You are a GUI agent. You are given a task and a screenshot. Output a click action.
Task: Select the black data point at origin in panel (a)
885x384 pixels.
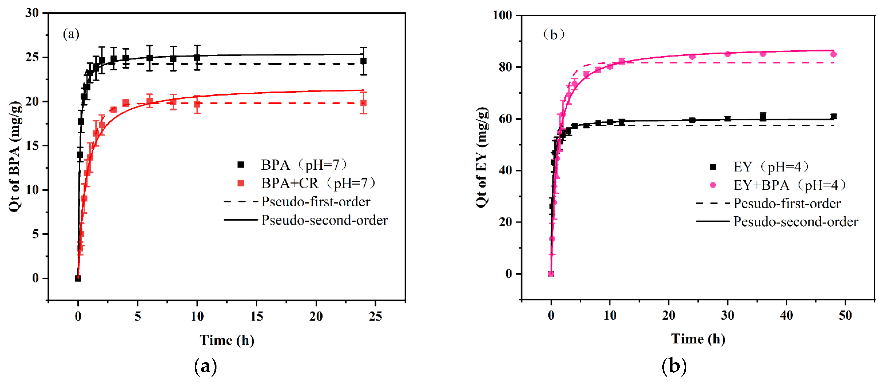coord(78,278)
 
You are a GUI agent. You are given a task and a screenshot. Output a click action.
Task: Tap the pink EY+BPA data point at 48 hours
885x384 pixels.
coord(833,54)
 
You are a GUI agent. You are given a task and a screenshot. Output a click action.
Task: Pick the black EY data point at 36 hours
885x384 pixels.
coord(763,117)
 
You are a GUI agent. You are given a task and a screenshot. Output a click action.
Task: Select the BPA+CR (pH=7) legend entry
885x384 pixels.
coord(318,184)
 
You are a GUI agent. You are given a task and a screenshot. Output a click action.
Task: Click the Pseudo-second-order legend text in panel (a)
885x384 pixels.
coord(324,220)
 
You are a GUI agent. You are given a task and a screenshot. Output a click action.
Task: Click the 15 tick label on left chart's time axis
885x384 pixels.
coord(257,316)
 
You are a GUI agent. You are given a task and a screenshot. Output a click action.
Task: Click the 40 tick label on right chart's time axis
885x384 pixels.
coord(786,315)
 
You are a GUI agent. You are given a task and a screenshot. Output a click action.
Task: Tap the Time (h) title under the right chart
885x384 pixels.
coord(698,339)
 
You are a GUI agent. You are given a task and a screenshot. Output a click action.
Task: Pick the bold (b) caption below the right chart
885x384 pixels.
coord(674,366)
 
